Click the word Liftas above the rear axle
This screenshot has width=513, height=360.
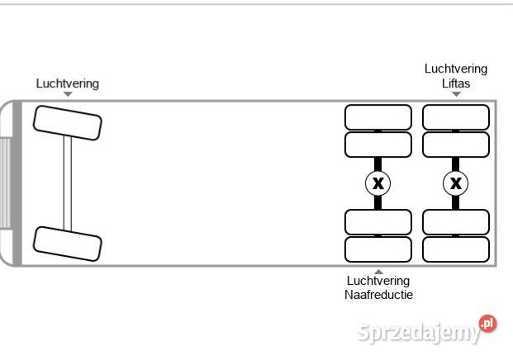(x=456, y=83)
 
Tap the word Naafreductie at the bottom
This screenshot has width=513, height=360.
(x=378, y=294)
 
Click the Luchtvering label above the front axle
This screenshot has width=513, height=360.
(x=68, y=83)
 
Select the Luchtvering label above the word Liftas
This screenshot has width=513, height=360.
(x=456, y=69)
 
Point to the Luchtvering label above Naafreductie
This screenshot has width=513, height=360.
(x=378, y=281)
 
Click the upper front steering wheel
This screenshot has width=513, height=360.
(x=67, y=123)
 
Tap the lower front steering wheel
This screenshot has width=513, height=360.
(x=67, y=244)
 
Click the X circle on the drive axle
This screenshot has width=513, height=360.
(x=378, y=182)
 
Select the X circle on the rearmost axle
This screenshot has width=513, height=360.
(x=456, y=182)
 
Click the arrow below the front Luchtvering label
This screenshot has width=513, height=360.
(x=68, y=94)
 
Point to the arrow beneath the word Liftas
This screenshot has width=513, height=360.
(x=456, y=94)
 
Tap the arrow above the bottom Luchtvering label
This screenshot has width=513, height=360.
(x=378, y=271)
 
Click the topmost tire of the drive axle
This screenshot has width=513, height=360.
(x=378, y=117)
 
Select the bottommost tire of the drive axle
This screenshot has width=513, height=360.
(x=378, y=249)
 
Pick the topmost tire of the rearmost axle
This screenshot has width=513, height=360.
(x=456, y=117)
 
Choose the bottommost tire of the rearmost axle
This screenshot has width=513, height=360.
(x=456, y=249)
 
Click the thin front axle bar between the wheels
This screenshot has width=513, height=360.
(x=68, y=183)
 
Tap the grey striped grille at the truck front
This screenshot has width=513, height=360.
(x=4, y=183)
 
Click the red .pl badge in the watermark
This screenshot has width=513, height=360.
(x=487, y=323)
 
